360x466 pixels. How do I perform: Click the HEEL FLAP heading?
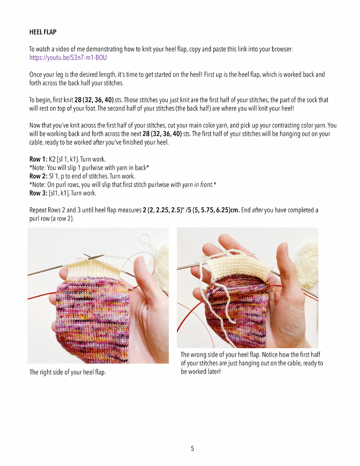(43, 32)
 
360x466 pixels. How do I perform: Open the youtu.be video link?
(68, 58)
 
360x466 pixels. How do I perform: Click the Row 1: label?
(38, 159)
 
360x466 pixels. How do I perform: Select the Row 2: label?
(38, 176)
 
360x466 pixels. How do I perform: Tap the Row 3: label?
(38, 193)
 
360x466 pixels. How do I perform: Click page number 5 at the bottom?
(193, 449)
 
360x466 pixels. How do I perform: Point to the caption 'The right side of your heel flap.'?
(67, 372)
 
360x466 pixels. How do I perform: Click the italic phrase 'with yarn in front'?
(192, 185)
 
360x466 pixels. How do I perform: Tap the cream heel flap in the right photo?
(239, 265)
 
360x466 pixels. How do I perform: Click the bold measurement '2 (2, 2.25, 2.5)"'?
(164, 210)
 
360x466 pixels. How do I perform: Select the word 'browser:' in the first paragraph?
(282, 50)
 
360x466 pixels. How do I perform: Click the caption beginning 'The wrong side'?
(250, 363)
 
